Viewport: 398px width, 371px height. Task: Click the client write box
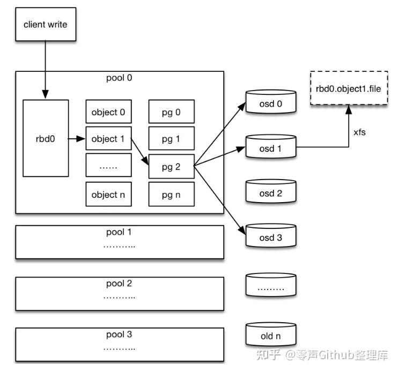pos(46,25)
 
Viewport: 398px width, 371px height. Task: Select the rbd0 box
pos(46,138)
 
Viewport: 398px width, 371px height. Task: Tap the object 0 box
pos(108,112)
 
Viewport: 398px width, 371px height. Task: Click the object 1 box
pos(108,139)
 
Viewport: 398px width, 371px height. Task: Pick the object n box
pos(108,194)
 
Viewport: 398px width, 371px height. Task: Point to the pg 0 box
pos(171,112)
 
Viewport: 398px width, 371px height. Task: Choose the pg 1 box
pos(171,139)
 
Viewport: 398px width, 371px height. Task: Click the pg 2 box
pos(171,166)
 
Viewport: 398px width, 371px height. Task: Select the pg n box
pos(171,194)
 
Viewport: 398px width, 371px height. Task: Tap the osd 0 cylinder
pos(271,104)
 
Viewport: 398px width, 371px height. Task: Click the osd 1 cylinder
pos(271,149)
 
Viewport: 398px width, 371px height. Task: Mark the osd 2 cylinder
pos(271,194)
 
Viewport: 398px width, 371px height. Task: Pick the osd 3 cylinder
pos(271,238)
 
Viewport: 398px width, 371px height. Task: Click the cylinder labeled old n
pos(271,336)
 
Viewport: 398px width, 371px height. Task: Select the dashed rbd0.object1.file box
pos(349,88)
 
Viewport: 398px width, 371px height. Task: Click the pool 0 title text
pos(119,78)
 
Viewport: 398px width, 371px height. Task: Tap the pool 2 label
pos(119,283)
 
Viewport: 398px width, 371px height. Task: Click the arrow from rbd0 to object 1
pos(77,139)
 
